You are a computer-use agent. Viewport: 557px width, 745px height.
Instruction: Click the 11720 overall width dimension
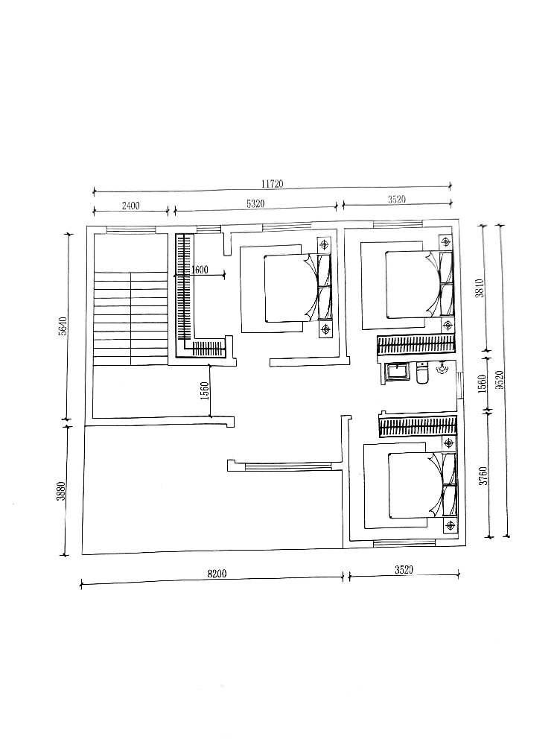[272, 184]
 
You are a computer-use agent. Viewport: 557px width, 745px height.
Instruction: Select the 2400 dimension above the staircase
[131, 206]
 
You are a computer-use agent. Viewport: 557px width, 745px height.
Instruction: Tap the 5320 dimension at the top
[255, 204]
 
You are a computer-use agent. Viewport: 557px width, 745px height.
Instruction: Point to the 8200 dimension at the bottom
[217, 574]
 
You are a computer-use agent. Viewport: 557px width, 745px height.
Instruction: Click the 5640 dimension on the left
[63, 326]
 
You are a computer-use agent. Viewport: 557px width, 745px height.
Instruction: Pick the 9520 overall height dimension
[498, 380]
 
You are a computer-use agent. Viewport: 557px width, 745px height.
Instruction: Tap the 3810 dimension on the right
[480, 288]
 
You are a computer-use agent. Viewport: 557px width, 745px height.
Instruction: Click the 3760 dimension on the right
[483, 475]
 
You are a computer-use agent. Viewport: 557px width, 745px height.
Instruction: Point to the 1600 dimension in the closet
[200, 270]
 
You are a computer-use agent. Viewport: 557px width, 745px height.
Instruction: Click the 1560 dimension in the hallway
[205, 390]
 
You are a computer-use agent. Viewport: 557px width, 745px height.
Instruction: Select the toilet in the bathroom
[421, 373]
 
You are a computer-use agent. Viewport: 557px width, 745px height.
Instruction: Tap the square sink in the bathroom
[397, 372]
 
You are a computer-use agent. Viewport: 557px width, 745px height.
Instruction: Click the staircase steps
[131, 319]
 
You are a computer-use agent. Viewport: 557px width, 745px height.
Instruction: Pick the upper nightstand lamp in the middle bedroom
[325, 245]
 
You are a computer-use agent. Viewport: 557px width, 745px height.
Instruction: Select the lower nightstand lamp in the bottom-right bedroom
[449, 525]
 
